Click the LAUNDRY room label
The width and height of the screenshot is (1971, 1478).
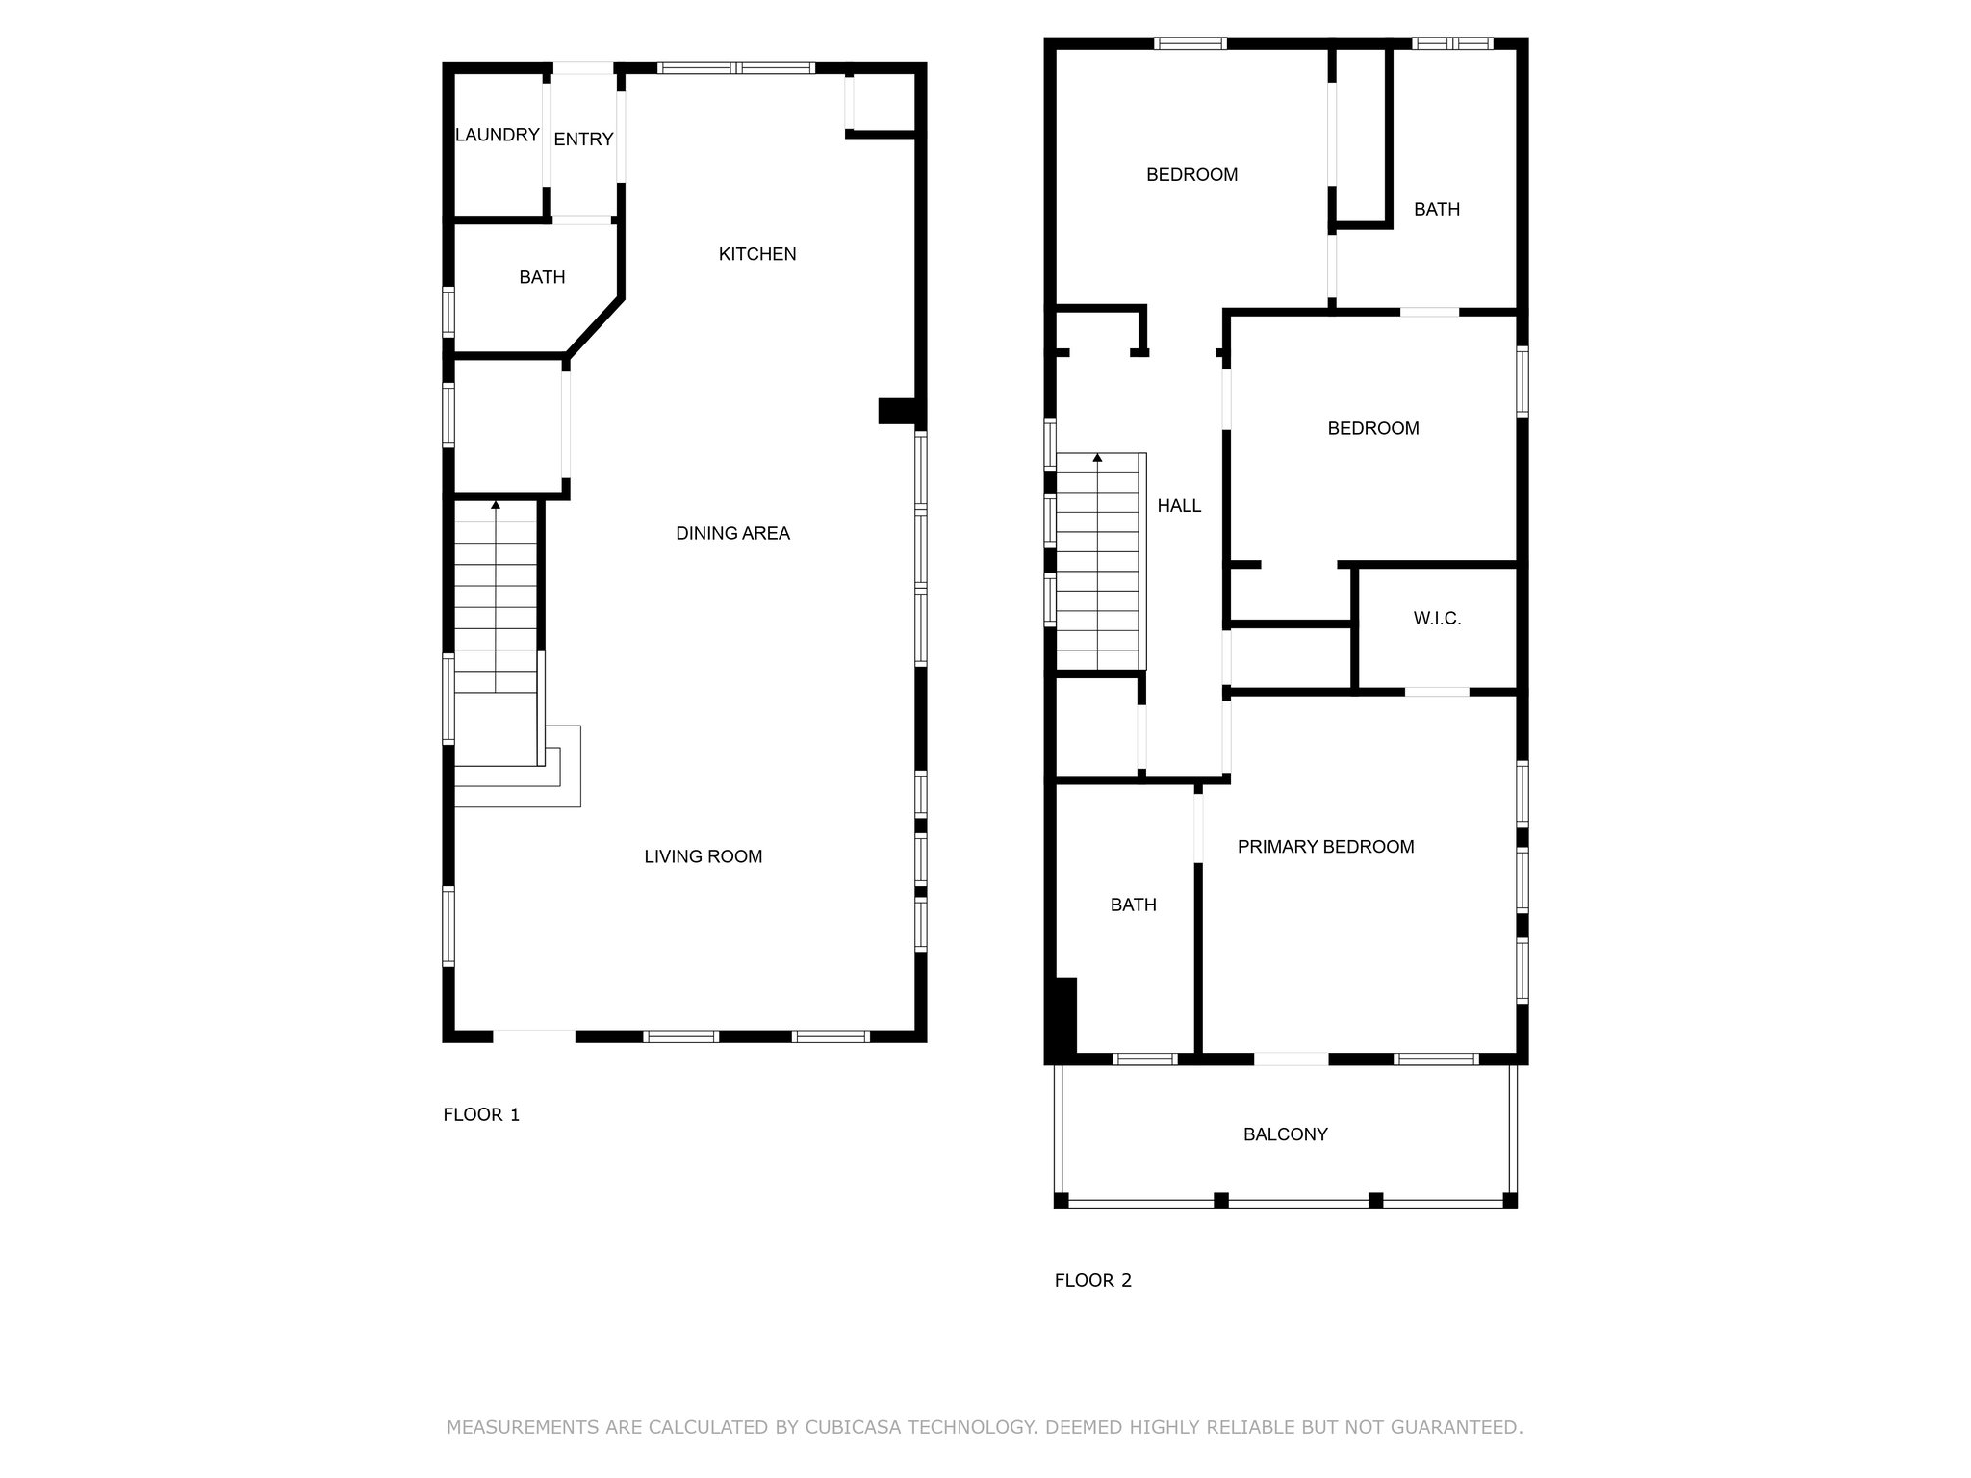(x=497, y=135)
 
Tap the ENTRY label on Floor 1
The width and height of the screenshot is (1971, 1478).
(x=583, y=140)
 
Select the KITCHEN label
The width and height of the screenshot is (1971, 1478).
(x=757, y=254)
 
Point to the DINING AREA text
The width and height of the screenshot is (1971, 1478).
(x=732, y=533)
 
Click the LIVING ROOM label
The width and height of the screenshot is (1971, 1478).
(x=703, y=856)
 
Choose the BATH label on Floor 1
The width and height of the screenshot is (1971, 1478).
(x=542, y=277)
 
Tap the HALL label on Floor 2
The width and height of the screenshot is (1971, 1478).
(x=1179, y=506)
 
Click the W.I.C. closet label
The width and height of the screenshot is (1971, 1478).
(x=1437, y=619)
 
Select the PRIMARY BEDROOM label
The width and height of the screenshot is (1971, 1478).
(x=1325, y=847)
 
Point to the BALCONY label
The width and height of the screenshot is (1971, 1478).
(x=1285, y=1134)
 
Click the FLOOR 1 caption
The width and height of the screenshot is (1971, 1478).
(x=481, y=1115)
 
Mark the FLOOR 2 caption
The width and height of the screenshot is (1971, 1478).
(x=1093, y=1281)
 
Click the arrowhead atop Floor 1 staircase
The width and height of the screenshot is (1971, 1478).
(x=496, y=504)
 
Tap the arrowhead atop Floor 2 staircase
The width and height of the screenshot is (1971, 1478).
(x=1097, y=457)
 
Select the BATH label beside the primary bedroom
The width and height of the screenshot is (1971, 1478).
(x=1133, y=905)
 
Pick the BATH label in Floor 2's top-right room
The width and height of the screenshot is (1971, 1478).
(x=1437, y=209)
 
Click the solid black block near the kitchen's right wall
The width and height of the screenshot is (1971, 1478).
(x=897, y=411)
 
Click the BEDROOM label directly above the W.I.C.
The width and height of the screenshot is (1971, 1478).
(x=1372, y=428)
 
